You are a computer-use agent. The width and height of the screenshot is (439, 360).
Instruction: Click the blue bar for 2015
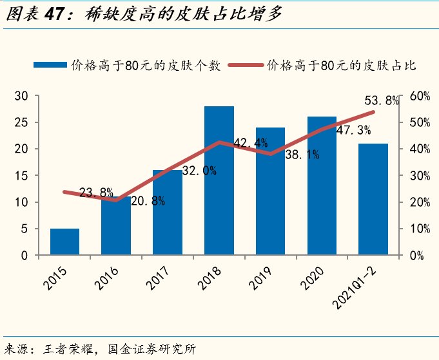(64, 242)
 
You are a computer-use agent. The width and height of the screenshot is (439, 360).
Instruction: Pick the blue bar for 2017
(168, 213)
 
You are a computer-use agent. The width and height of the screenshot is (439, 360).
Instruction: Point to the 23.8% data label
(97, 192)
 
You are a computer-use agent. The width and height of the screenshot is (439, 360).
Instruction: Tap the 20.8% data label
(148, 201)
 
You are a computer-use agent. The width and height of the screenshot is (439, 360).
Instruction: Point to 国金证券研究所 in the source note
(149, 348)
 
